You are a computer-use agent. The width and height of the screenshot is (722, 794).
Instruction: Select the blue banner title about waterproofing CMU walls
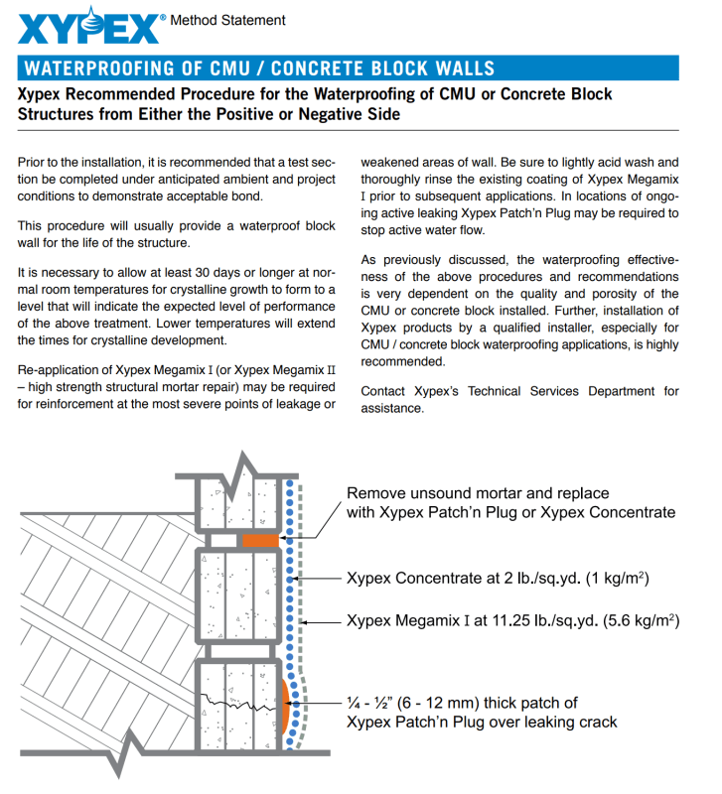click(x=258, y=68)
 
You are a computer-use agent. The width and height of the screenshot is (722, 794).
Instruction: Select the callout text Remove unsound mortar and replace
click(x=478, y=493)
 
